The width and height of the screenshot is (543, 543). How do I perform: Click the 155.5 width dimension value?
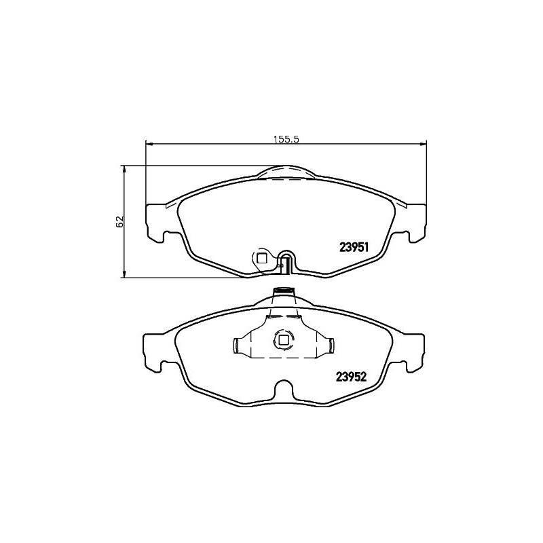click(x=286, y=139)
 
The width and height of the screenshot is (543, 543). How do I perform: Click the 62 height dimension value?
click(x=120, y=222)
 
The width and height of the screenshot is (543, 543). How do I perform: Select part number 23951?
click(x=354, y=247)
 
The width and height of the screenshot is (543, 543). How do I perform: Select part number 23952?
click(x=351, y=377)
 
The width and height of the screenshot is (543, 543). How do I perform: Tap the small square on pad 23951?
click(x=262, y=258)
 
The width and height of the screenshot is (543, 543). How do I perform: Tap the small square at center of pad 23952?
click(x=284, y=341)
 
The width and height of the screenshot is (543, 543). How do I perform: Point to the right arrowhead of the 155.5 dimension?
click(x=423, y=143)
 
